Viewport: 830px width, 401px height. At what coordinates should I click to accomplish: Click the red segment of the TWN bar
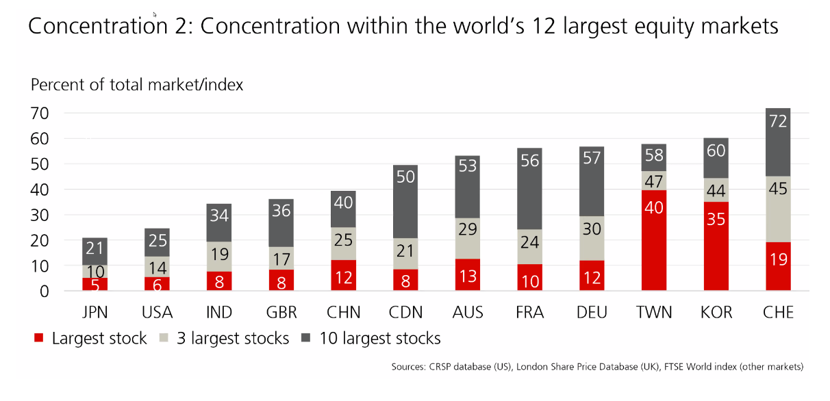point(654,240)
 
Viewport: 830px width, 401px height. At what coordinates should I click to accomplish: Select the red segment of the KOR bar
point(716,246)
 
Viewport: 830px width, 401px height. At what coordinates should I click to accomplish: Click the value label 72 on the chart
point(778,122)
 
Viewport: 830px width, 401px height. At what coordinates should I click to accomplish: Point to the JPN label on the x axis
point(95,313)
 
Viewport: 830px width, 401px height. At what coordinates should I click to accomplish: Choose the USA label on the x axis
point(157,313)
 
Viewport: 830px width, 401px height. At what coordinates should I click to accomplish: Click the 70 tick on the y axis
point(40,114)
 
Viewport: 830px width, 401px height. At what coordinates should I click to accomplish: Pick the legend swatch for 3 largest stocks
point(165,338)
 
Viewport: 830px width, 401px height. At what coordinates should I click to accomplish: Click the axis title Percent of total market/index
point(137,85)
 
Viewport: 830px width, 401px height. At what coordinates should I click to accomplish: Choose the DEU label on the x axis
point(592,313)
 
